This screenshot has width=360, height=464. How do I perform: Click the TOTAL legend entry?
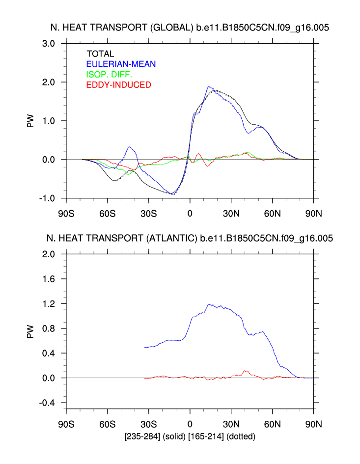point(100,54)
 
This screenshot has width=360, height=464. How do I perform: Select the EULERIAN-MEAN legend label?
point(121,64)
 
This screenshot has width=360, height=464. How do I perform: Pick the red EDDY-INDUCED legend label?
point(118,85)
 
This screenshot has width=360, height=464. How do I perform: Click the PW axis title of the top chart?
point(31,121)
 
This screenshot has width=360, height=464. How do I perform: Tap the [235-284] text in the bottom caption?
point(141,436)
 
